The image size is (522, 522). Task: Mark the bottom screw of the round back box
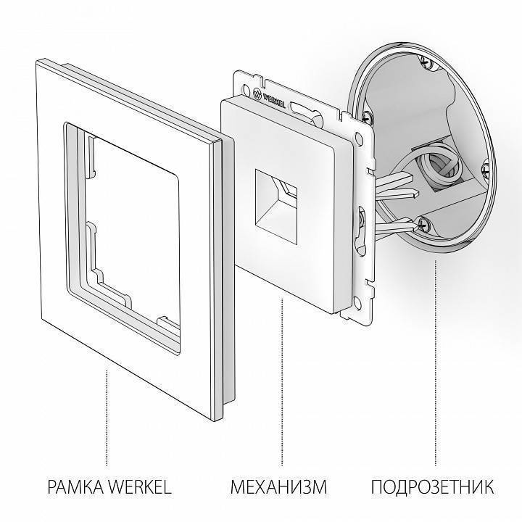(425, 227)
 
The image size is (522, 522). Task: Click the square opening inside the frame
(127, 210)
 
